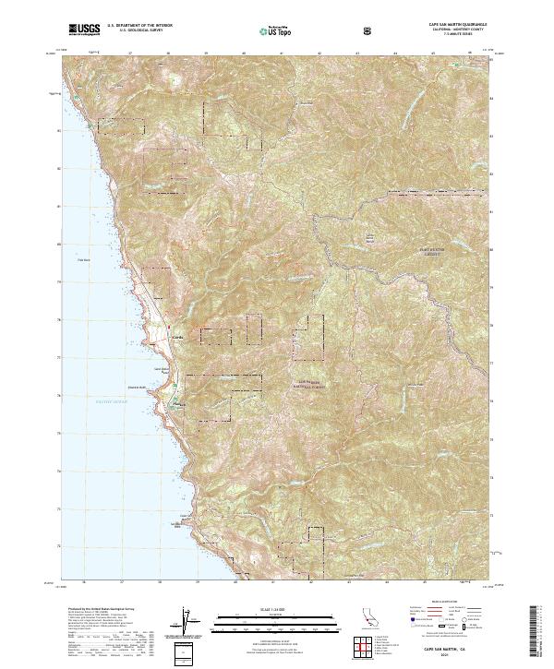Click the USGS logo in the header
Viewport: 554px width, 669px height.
[x=84, y=30]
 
